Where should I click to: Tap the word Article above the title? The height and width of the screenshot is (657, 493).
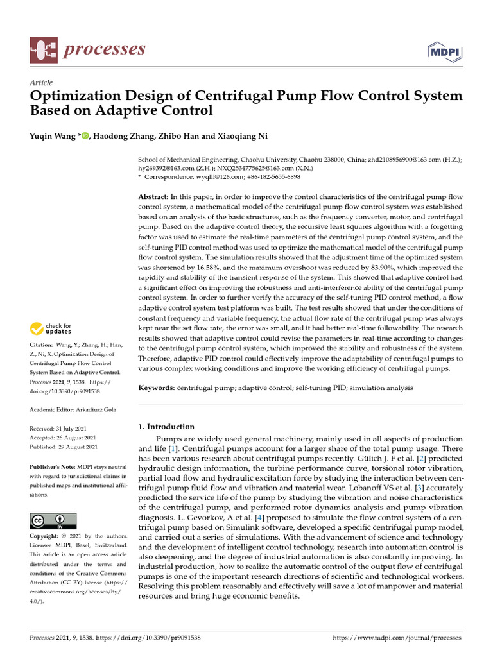41,83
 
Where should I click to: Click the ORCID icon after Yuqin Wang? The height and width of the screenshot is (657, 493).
86,135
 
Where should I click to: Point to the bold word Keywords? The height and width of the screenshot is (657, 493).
157,388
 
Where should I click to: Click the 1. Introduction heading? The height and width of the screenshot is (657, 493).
166,427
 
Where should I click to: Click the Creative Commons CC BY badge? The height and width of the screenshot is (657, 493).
53,521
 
